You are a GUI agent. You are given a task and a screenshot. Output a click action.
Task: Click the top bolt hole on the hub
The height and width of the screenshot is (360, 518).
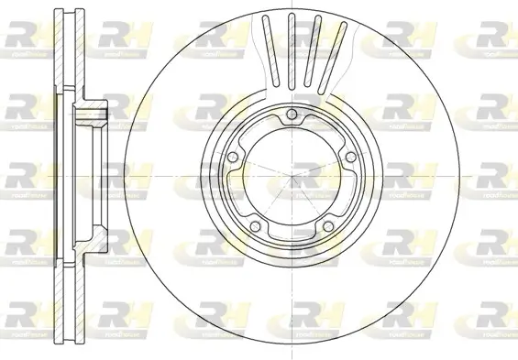click(291, 115)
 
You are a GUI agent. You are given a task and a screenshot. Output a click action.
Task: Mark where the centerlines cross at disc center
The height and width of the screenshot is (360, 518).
click(291, 178)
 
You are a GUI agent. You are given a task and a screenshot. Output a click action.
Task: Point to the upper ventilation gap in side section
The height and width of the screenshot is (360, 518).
click(59, 46)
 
